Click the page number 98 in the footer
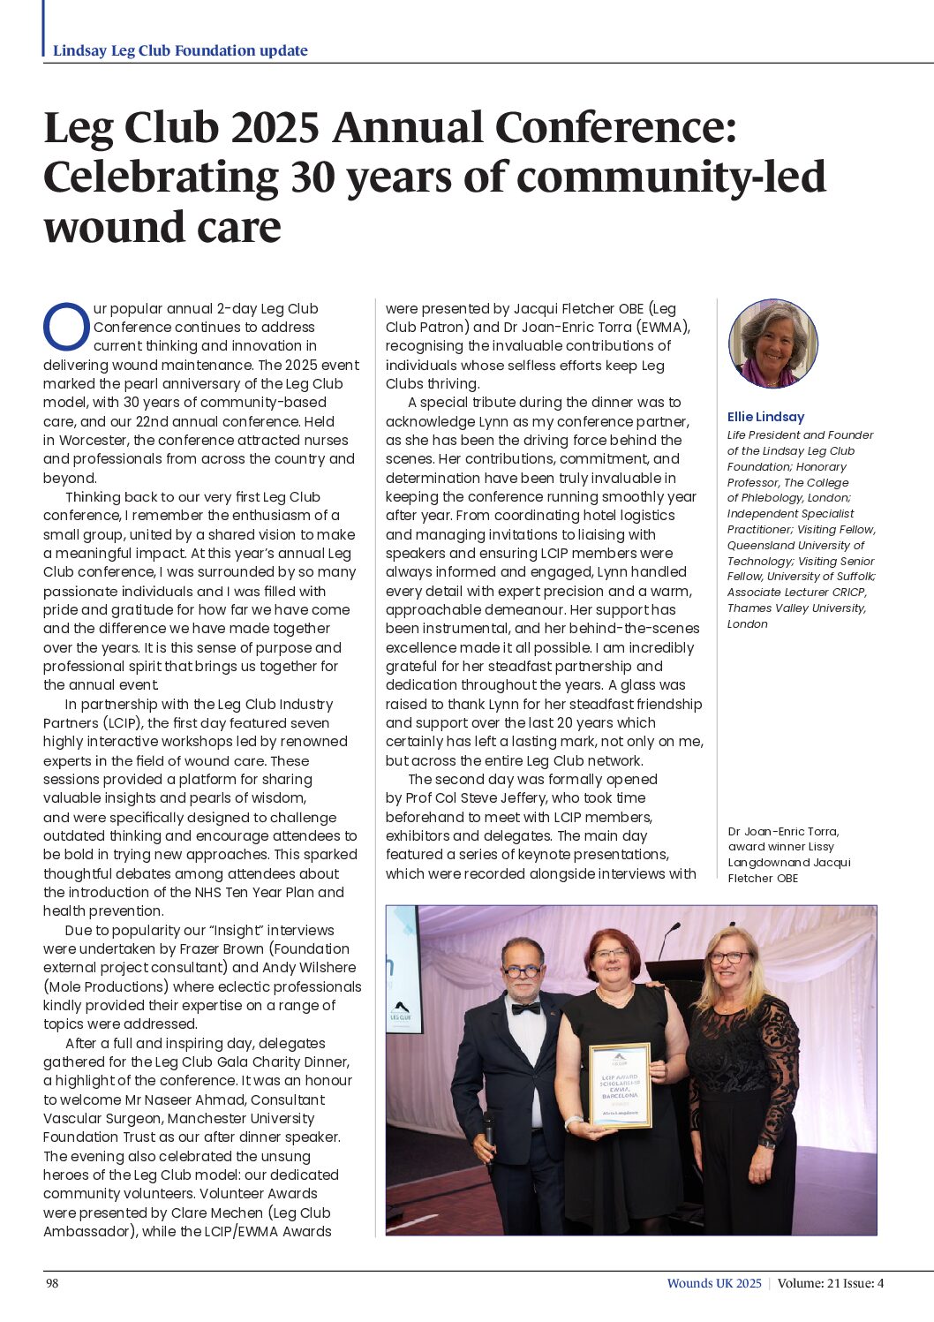[x=52, y=1283]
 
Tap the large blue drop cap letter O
[x=66, y=328]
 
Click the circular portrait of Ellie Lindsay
[x=773, y=344]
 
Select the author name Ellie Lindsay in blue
[x=765, y=417]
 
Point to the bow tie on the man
[x=525, y=1008]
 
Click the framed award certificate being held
[x=620, y=1085]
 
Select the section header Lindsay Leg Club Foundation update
[x=180, y=50]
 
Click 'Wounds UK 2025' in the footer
[x=713, y=1283]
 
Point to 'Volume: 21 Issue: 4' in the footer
[x=830, y=1283]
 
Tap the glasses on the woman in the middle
[x=611, y=954]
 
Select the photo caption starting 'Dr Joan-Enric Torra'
[x=789, y=854]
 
